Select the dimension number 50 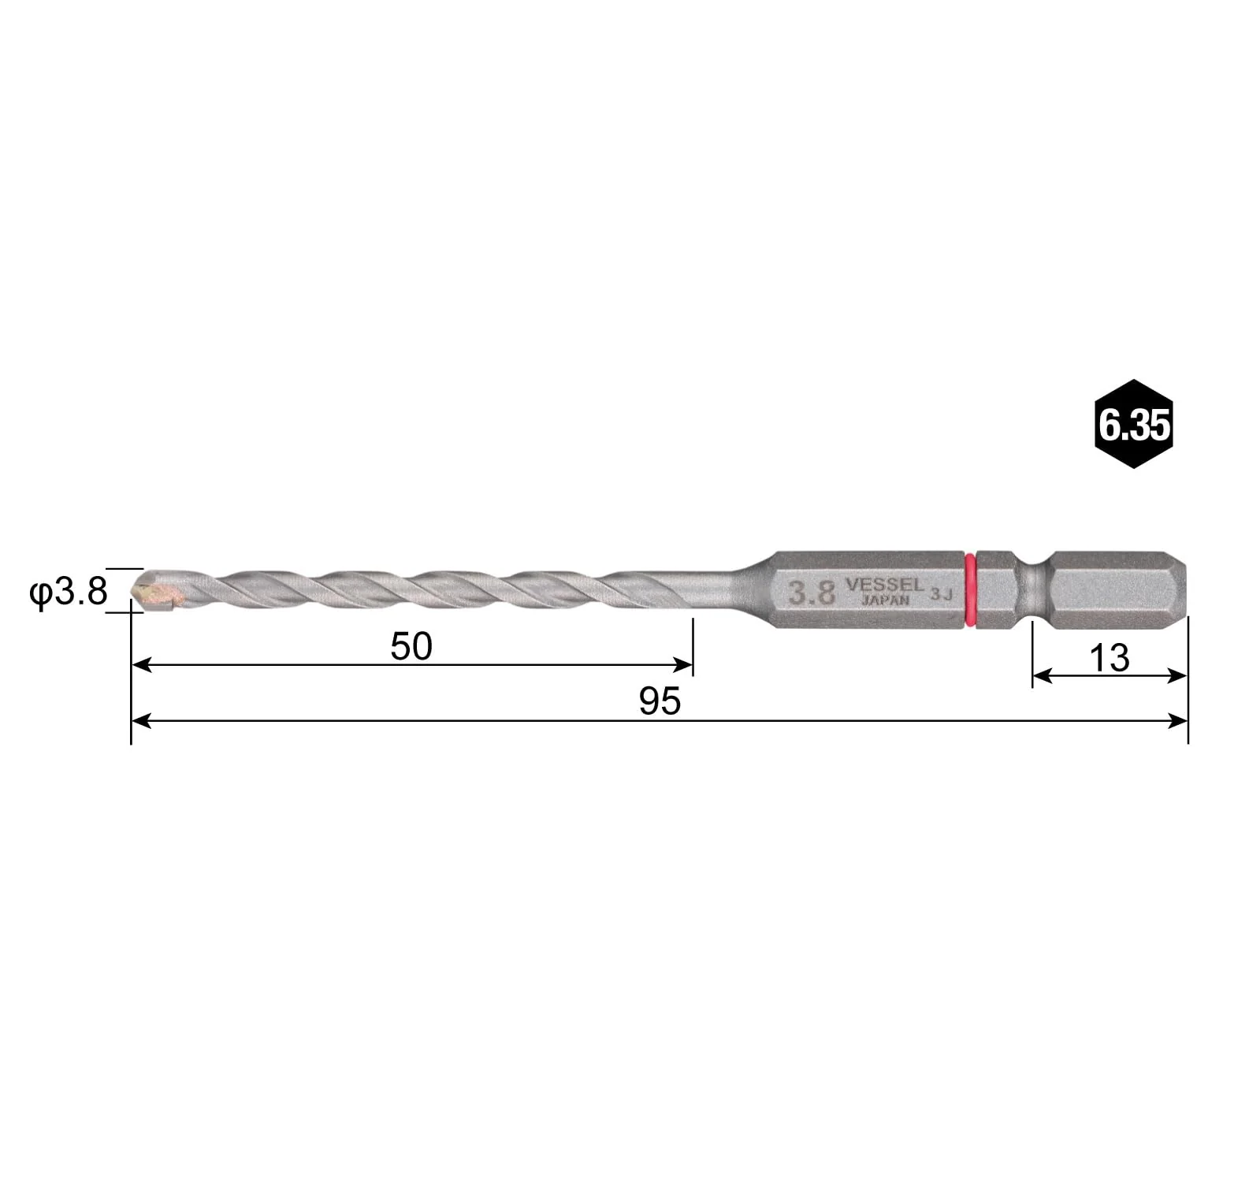[x=411, y=646]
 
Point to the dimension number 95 [x=660, y=701]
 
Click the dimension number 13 [x=1110, y=657]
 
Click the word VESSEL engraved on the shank [x=884, y=585]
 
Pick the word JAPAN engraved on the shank [x=885, y=600]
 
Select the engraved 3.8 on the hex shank [x=812, y=593]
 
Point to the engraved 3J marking [x=942, y=594]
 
